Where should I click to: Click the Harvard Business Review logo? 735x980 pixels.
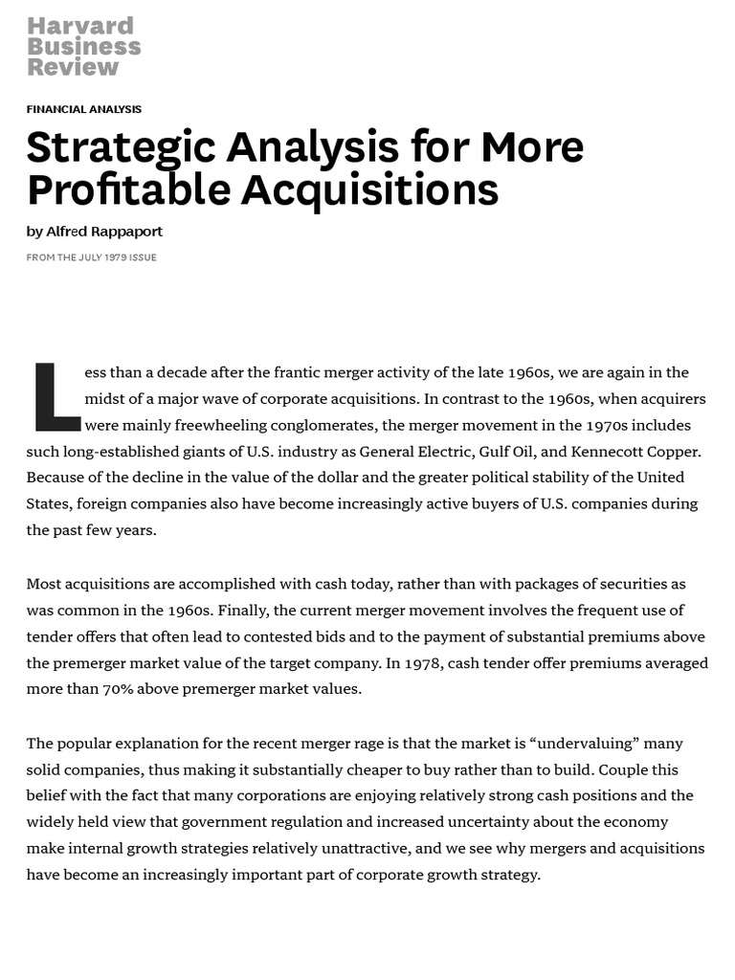84,46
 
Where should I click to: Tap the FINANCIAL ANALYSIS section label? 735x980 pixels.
84,109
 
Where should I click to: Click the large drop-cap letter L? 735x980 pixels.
56,396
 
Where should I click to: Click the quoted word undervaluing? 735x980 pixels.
590,743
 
